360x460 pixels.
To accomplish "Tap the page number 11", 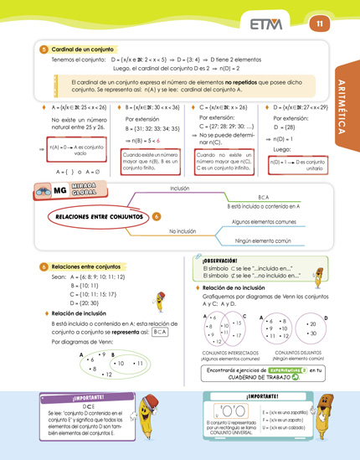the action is [x=319, y=23].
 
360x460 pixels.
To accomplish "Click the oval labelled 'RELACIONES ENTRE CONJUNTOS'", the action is [x=100, y=216].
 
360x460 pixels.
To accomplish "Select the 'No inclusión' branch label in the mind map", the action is [x=182, y=230].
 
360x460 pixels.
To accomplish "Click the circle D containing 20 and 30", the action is [x=312, y=328].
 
